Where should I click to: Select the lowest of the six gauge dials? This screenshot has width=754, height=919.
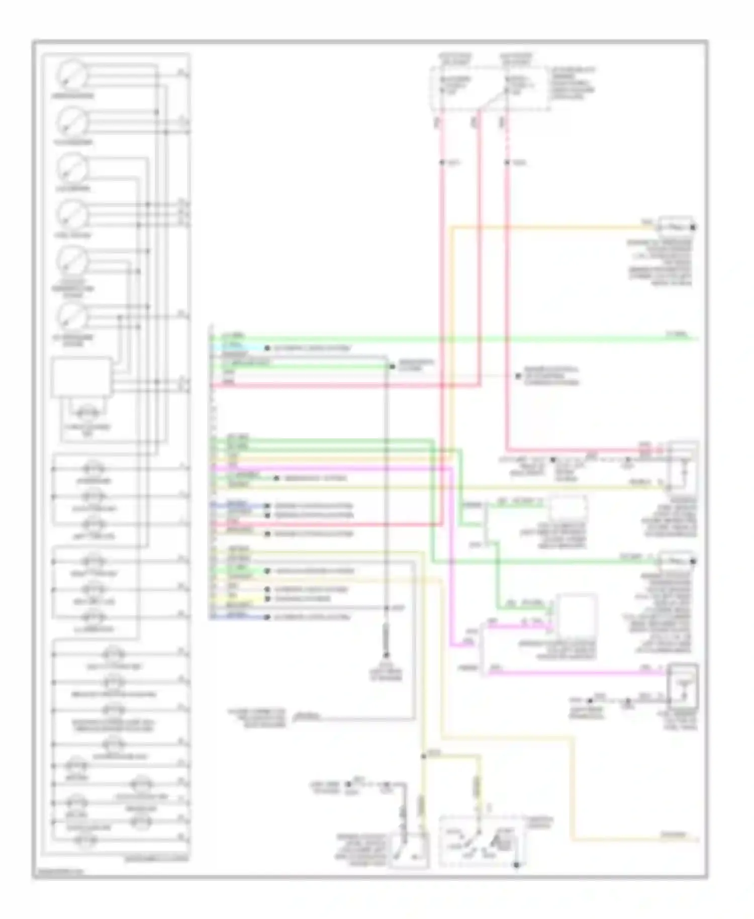pyautogui.click(x=72, y=316)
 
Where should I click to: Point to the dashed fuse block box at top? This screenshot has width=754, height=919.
pyautogui.click(x=488, y=88)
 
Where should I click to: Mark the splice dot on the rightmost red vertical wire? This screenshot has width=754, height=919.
pyautogui.click(x=507, y=162)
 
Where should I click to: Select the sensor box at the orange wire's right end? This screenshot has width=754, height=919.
pyautogui.click(x=676, y=227)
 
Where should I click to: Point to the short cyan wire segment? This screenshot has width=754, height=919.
pyautogui.click(x=239, y=348)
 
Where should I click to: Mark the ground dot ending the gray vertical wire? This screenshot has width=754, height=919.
pyautogui.click(x=387, y=655)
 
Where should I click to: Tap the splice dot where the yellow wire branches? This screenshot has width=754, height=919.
pyautogui.click(x=424, y=756)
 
